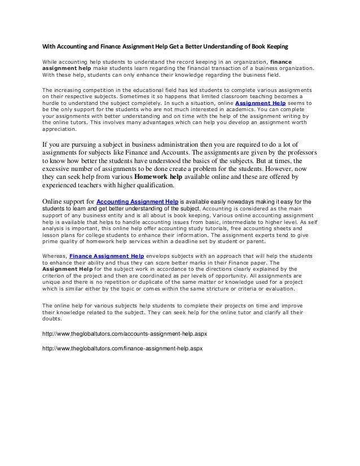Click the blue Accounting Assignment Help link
(x=138, y=201)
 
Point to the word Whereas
(x=54, y=254)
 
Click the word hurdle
(x=51, y=104)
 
